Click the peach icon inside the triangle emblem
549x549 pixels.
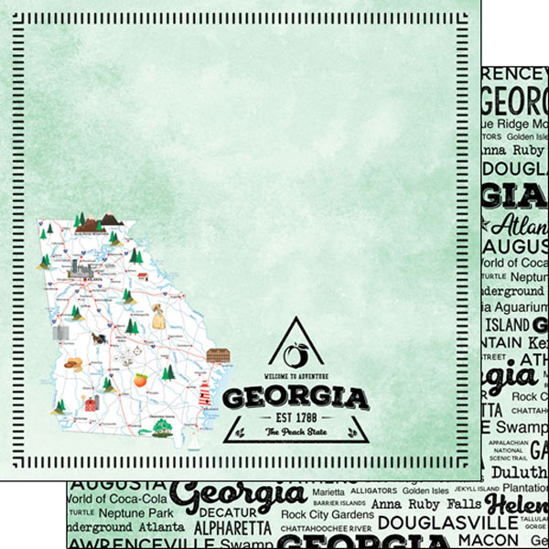point(295,352)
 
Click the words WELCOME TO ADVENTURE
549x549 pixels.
point(295,376)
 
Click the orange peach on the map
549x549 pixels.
point(141,379)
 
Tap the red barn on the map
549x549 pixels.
point(92,403)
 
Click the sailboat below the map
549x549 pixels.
point(195,446)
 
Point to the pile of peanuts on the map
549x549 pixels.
point(72,363)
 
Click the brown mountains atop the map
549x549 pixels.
point(111,219)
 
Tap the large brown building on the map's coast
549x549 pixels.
point(218,355)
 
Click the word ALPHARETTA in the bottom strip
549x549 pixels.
point(231,528)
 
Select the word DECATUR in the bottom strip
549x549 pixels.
point(227,512)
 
